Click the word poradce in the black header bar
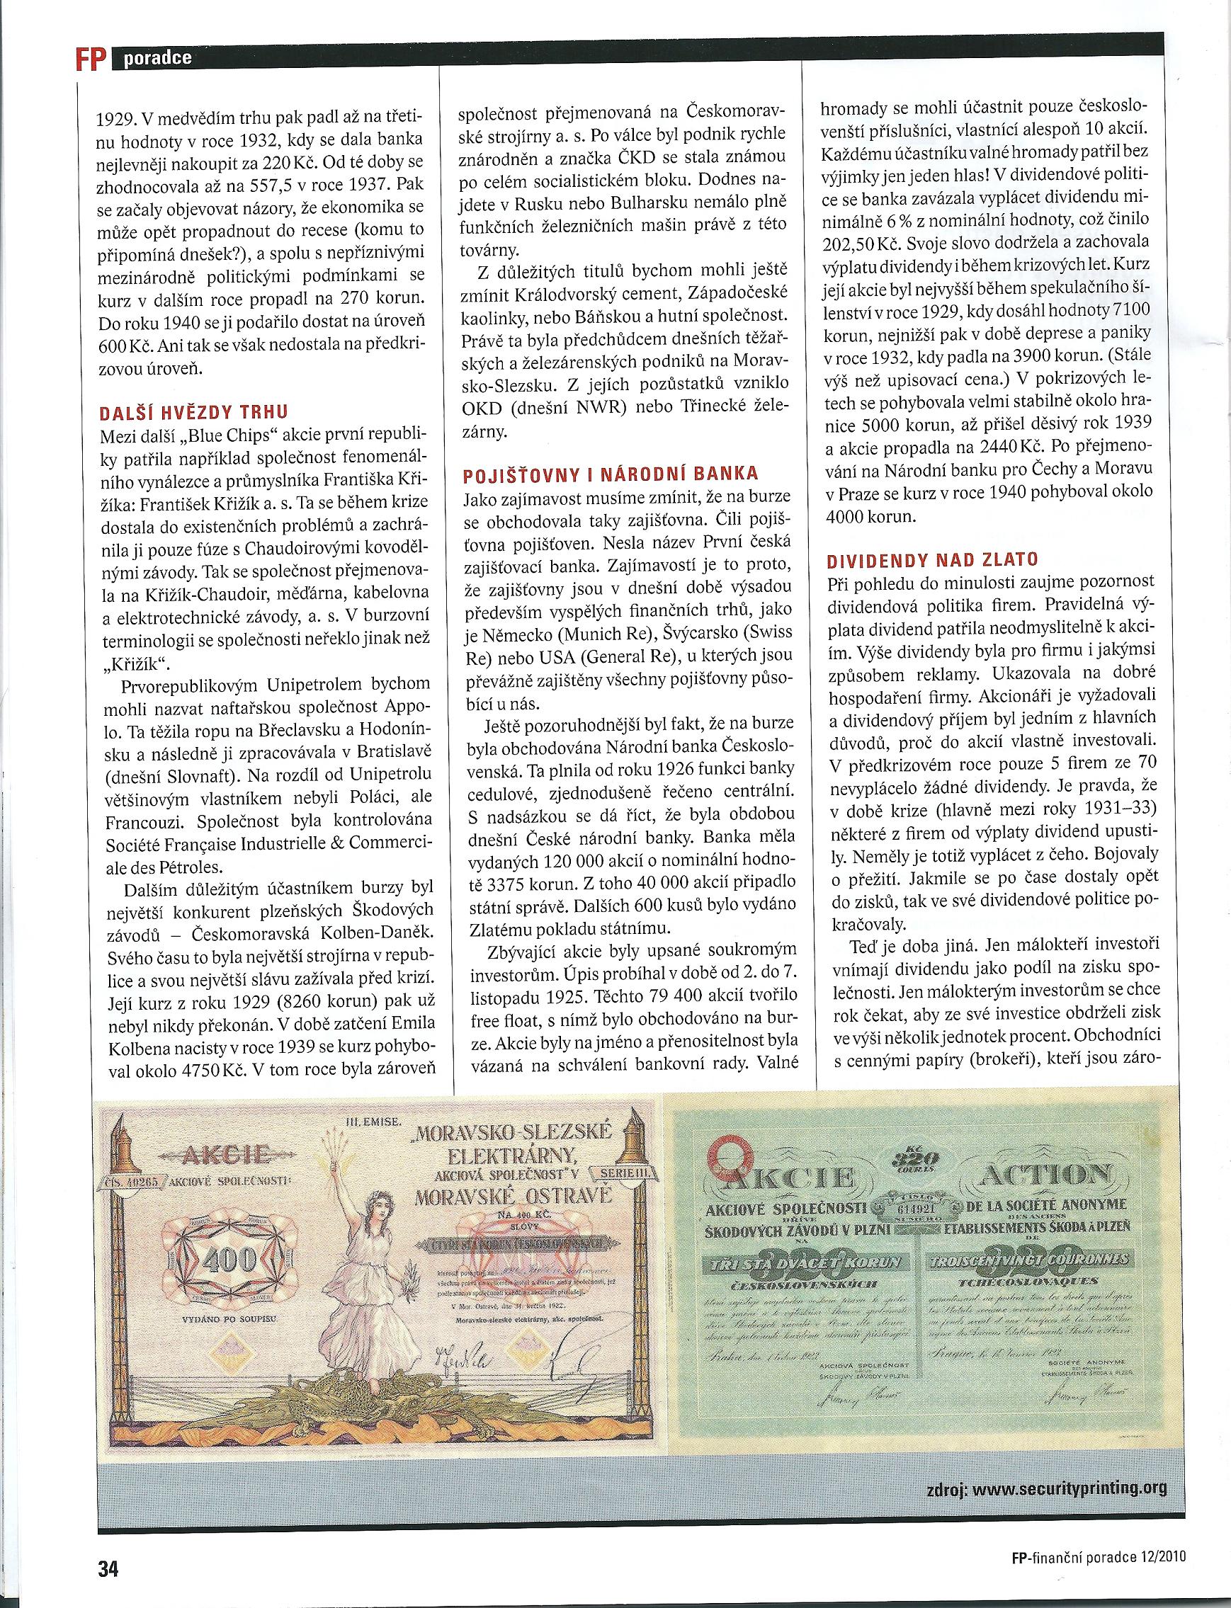click(x=157, y=59)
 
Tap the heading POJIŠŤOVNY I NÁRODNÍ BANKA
click(x=611, y=474)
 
